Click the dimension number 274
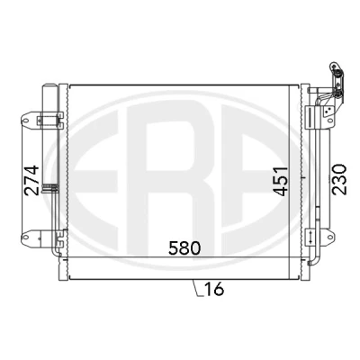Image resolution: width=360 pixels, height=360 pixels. (32, 180)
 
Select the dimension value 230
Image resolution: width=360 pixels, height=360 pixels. (339, 179)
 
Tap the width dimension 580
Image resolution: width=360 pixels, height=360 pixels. (184, 248)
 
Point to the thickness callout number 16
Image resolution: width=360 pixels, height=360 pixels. (214, 289)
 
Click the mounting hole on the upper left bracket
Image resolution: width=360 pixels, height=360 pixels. (26, 121)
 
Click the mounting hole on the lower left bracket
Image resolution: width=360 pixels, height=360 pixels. (26, 238)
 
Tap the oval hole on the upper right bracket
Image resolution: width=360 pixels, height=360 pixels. (330, 121)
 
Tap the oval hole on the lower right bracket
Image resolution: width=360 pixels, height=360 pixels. (330, 238)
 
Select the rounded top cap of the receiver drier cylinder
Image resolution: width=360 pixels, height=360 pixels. (49, 85)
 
